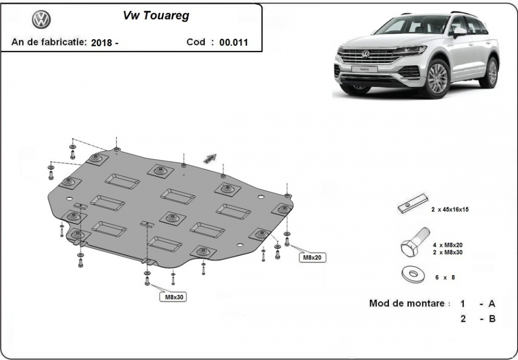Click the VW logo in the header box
tap(41, 19)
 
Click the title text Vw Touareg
tap(156, 16)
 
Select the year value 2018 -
tap(104, 43)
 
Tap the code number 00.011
tap(233, 43)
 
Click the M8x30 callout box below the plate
tap(173, 297)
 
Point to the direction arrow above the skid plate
tap(210, 159)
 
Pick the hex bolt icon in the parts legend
tap(414, 244)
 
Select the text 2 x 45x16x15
tap(450, 209)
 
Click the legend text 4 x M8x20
tap(448, 245)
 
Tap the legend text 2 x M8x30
tap(448, 252)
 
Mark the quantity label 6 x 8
tap(445, 278)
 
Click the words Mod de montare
tap(409, 303)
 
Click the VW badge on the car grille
tap(366, 54)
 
